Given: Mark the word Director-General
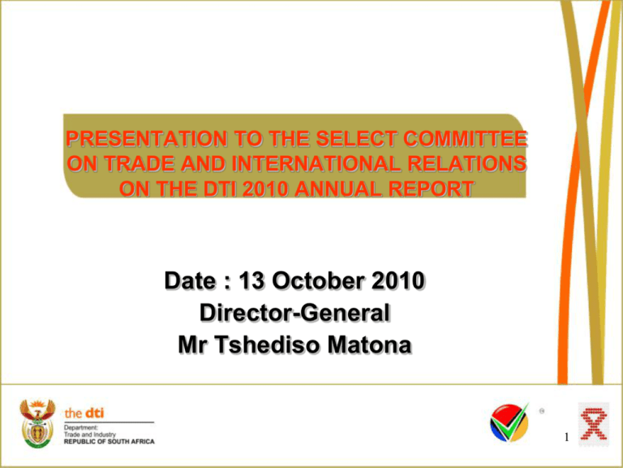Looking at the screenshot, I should (294, 314).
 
